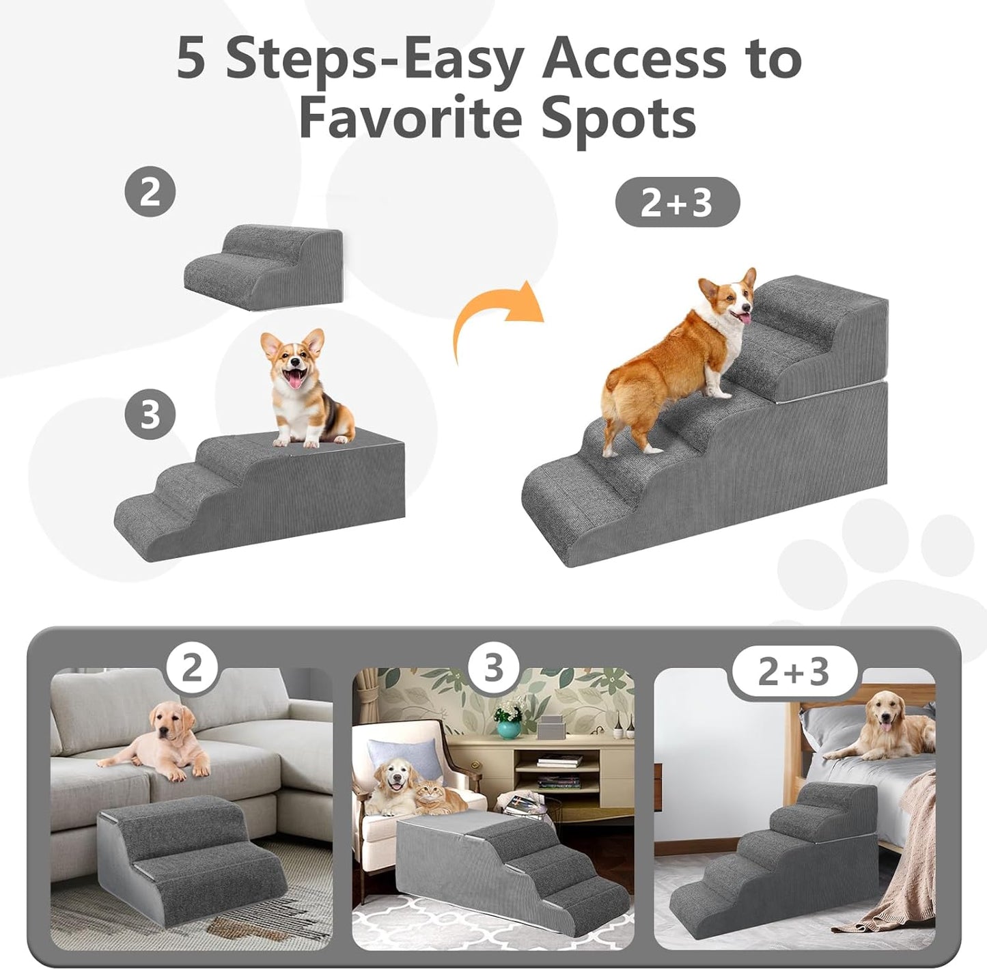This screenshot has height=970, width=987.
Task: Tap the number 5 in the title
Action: pyautogui.click(x=191, y=59)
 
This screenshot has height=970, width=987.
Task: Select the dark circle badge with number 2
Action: pyautogui.click(x=150, y=192)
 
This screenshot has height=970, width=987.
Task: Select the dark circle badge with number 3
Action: pyautogui.click(x=150, y=415)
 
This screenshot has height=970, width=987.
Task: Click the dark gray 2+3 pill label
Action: pyautogui.click(x=677, y=202)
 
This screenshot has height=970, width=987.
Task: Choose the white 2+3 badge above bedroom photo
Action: pyautogui.click(x=794, y=671)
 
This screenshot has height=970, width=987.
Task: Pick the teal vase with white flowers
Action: pyautogui.click(x=508, y=727)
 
